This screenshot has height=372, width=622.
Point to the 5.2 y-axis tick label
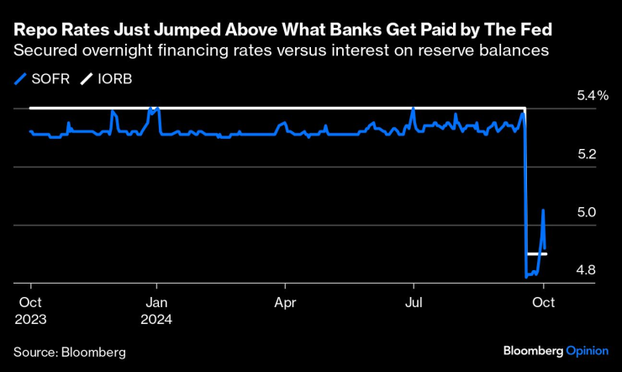pos(587,155)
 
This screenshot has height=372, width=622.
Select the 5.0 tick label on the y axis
pos(587,212)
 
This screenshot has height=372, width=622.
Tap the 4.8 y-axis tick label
pos(587,270)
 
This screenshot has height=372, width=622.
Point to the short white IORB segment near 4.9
pos(536,253)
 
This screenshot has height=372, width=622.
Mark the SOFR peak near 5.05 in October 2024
pos(543,210)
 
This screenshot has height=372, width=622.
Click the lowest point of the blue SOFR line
pos(526,276)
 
